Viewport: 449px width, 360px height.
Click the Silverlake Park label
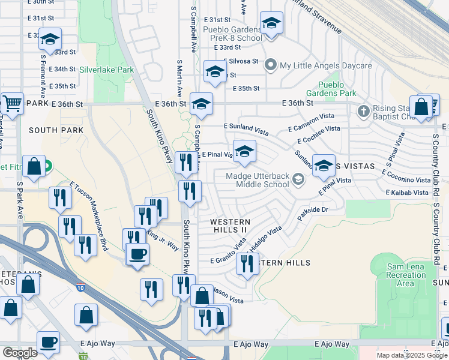point(106,70)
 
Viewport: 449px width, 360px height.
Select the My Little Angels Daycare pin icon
point(271,65)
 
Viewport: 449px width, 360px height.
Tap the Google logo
point(19,352)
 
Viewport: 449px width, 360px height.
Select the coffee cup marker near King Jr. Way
point(137,253)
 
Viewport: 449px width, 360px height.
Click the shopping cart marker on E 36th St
point(11,103)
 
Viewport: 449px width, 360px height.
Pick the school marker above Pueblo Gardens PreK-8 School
point(271,24)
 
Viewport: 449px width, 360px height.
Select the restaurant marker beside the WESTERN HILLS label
point(247,263)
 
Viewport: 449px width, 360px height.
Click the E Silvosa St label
point(241,61)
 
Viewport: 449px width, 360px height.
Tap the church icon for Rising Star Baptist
point(363,111)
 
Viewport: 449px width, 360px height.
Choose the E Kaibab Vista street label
point(408,193)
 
